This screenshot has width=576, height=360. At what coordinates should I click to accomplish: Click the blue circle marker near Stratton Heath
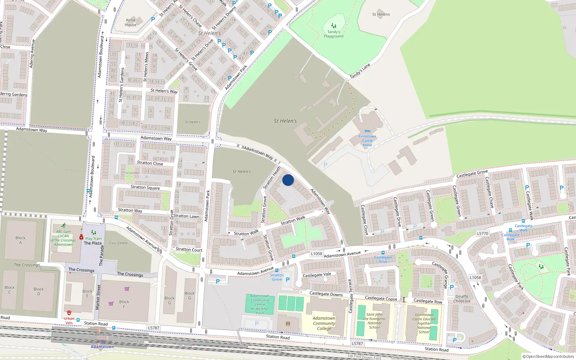pyautogui.click(x=288, y=180)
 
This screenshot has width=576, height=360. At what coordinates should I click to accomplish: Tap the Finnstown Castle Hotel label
pyautogui.click(x=367, y=141)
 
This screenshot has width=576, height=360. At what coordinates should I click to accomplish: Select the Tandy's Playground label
pyautogui.click(x=333, y=34)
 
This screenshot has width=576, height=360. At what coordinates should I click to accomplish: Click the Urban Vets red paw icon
pyautogui.click(x=69, y=313)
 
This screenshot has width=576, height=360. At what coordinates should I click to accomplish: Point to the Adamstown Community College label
pyautogui.click(x=324, y=323)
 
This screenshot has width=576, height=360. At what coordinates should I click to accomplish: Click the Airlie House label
pyautogui.click(x=131, y=22)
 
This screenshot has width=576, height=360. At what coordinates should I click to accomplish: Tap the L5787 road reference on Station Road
pyautogui.click(x=154, y=328)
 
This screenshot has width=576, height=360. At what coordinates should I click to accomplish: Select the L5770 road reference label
pyautogui.click(x=482, y=234)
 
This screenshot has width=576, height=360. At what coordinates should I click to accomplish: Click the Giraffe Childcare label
pyautogui.click(x=462, y=299)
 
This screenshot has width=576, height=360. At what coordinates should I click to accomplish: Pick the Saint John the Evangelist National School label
pyautogui.click(x=374, y=321)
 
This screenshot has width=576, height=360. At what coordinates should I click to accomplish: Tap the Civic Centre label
pyautogui.click(x=118, y=243)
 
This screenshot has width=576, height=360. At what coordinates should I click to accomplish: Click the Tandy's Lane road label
pyautogui.click(x=360, y=71)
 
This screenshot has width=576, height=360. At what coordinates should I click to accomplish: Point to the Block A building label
pyautogui.click(x=21, y=240)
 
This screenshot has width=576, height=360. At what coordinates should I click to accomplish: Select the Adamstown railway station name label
pyautogui.click(x=102, y=347)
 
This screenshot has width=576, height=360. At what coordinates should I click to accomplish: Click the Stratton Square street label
pyautogui.click(x=145, y=187)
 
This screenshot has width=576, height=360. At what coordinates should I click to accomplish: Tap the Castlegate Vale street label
pyautogui.click(x=317, y=275)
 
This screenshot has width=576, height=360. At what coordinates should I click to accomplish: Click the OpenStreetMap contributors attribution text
pyautogui.click(x=548, y=356)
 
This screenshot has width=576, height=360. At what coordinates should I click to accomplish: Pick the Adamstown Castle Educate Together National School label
pyautogui.click(x=424, y=323)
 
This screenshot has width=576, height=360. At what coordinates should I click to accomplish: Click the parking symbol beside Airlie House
pyautogui.click(x=153, y=19)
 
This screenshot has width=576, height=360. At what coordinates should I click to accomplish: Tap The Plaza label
pyautogui.click(x=93, y=243)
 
